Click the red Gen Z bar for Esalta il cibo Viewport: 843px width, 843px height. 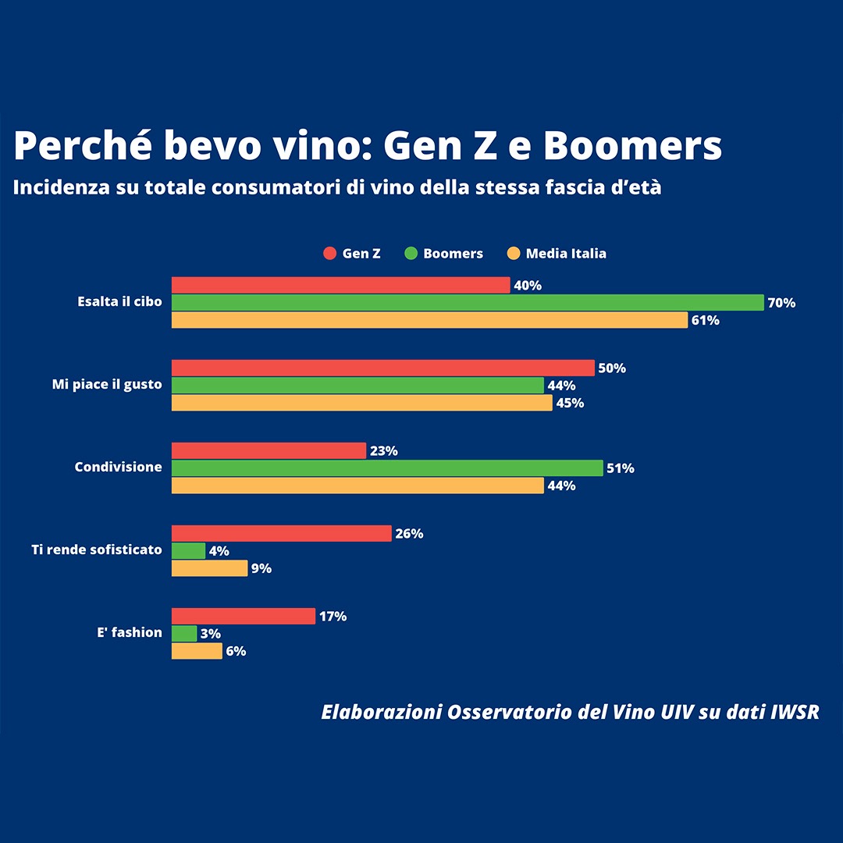[x=340, y=285]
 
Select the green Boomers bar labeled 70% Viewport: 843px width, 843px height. [x=467, y=302]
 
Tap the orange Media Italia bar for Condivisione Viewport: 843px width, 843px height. [x=357, y=486]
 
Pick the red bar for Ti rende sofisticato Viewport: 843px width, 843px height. [x=281, y=533]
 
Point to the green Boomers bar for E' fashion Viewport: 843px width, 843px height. [x=184, y=633]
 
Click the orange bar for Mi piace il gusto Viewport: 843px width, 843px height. [x=361, y=403]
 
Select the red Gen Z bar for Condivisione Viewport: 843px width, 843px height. [x=269, y=450]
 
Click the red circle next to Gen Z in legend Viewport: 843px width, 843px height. [x=329, y=254]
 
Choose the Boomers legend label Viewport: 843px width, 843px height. [x=453, y=254]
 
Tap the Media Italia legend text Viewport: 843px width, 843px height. [x=565, y=254]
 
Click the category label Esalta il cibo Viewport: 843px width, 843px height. [x=119, y=301]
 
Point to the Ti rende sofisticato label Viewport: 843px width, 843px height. [x=97, y=550]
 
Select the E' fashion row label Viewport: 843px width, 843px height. [x=130, y=632]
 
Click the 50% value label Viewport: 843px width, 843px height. [x=612, y=368]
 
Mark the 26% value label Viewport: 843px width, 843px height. [x=409, y=534]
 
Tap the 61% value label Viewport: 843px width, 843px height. [x=705, y=320]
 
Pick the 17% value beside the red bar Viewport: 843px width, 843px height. [x=333, y=617]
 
